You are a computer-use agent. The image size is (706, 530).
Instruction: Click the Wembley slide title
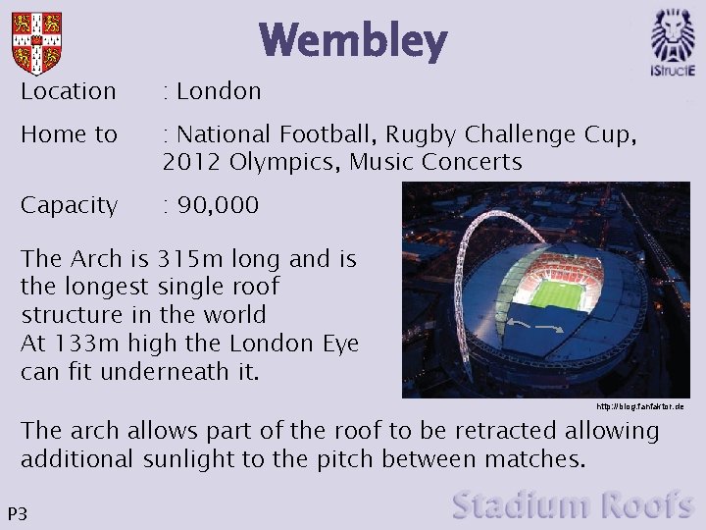(x=353, y=41)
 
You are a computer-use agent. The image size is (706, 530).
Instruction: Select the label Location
(x=69, y=91)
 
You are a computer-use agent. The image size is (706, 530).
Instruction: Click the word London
(x=219, y=91)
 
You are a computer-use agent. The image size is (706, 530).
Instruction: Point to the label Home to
(x=69, y=134)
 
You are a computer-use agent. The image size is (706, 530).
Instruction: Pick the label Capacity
(x=69, y=205)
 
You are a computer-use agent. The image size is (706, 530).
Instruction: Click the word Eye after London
(x=339, y=344)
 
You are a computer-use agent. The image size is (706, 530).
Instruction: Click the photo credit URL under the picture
(x=639, y=406)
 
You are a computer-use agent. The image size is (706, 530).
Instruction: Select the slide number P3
(x=17, y=514)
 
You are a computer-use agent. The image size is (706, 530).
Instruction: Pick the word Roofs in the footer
(x=648, y=505)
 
